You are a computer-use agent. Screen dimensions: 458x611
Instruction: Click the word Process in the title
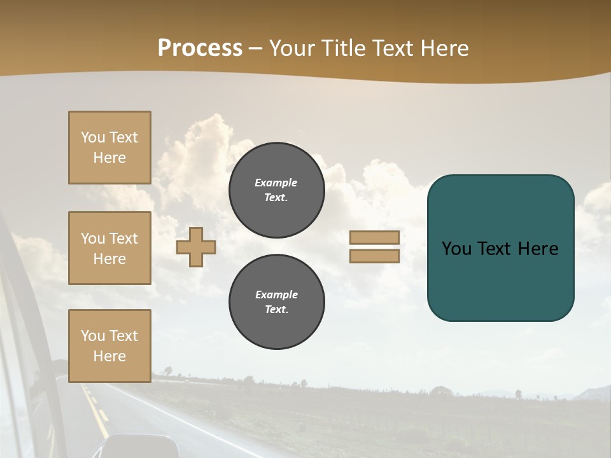pyautogui.click(x=200, y=48)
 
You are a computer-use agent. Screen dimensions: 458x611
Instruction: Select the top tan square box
pyautogui.click(x=109, y=148)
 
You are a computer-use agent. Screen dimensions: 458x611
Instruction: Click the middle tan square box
pyautogui.click(x=109, y=248)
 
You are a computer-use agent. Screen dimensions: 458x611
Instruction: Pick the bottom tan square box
pyautogui.click(x=109, y=345)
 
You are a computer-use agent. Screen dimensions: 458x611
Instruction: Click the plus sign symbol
pyautogui.click(x=196, y=247)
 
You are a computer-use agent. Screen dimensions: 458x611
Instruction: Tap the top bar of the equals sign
pyautogui.click(x=374, y=237)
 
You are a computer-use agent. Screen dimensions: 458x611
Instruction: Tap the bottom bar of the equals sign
pyautogui.click(x=374, y=256)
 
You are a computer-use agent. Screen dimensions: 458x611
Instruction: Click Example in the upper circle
pyautogui.click(x=276, y=183)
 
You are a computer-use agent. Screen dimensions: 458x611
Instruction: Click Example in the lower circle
pyautogui.click(x=276, y=295)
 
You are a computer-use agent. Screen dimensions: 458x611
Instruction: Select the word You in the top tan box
pyautogui.click(x=92, y=137)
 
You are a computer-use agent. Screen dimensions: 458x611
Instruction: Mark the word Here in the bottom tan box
pyautogui.click(x=109, y=356)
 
